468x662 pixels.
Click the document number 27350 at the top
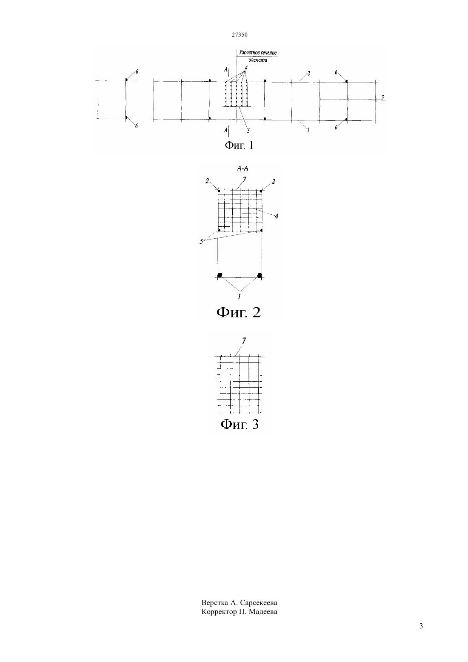[x=240, y=34]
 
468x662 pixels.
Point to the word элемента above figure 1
[x=258, y=60]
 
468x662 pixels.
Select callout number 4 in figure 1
[x=246, y=68]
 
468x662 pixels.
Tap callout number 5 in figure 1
[x=248, y=131]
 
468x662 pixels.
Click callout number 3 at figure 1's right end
[x=382, y=97]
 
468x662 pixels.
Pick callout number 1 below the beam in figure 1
[x=308, y=129]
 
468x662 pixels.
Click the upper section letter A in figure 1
[x=226, y=69]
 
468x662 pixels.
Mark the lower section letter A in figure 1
[x=226, y=130]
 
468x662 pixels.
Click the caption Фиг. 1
[x=239, y=145]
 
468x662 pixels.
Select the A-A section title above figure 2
[x=243, y=168]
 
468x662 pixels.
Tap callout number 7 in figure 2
[x=245, y=179]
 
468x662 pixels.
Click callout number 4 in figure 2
[x=277, y=216]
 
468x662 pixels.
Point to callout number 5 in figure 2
[x=201, y=242]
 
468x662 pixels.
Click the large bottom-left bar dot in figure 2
[x=220, y=275]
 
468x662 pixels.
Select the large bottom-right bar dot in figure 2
[x=260, y=275]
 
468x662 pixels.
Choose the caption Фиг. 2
[x=239, y=312]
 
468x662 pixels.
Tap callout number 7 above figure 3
[x=244, y=341]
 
